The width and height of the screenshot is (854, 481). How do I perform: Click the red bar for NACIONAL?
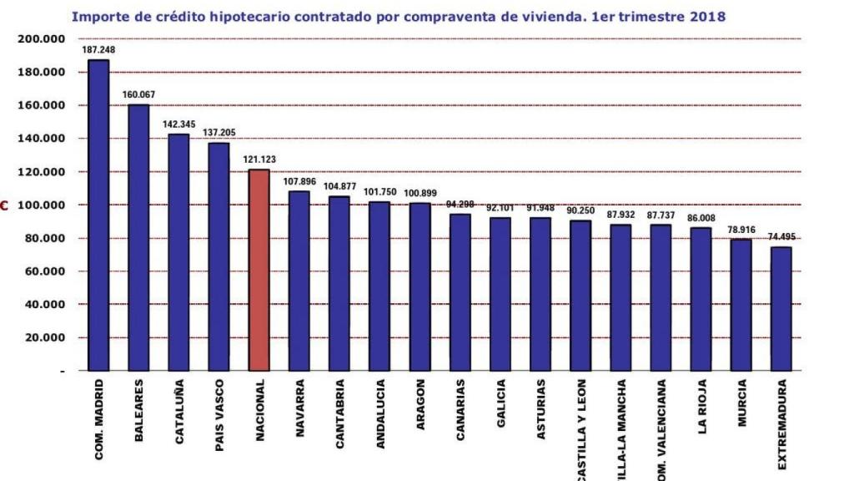[x=259, y=270]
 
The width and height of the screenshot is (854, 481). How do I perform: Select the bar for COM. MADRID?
[x=98, y=215]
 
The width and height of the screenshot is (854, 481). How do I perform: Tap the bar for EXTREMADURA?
[x=781, y=308]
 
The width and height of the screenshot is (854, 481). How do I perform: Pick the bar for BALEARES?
[x=138, y=237]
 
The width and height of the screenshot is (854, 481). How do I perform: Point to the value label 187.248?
[x=98, y=50]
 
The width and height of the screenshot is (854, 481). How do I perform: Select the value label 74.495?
[x=781, y=237]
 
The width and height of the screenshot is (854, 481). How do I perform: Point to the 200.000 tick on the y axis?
[x=42, y=39]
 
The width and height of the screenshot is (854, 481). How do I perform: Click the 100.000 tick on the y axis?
[x=42, y=205]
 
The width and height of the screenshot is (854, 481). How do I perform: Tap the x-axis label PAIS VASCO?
[x=219, y=415]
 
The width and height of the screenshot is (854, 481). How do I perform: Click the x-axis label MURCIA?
[x=741, y=404]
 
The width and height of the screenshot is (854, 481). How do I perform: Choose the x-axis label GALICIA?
[x=500, y=404]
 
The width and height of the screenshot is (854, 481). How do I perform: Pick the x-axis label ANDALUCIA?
[x=380, y=414]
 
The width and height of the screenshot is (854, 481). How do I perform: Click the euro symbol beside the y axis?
[x=4, y=205]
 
